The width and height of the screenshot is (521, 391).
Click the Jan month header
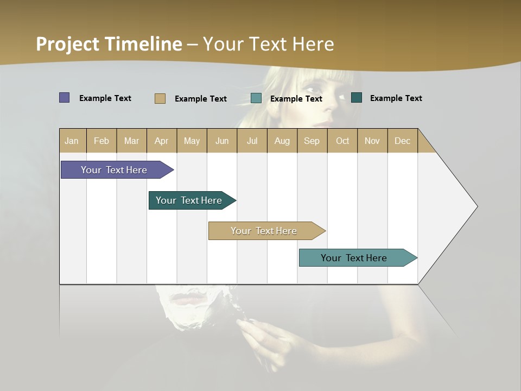tap(72, 141)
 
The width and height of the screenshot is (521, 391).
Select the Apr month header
tap(162, 141)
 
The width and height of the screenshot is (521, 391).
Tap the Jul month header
tap(252, 141)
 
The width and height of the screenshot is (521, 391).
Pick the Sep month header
tap(312, 141)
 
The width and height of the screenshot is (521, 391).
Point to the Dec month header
tap(402, 141)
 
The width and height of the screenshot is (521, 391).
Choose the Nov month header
tap(372, 141)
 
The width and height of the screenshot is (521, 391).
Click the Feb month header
tap(101, 141)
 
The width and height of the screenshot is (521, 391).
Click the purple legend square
tap(65, 98)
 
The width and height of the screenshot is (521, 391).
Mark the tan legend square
tap(160, 98)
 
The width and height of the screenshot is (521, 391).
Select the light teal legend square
tap(256, 98)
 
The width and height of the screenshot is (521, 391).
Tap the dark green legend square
tap(357, 98)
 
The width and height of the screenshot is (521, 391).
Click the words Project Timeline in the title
tap(109, 44)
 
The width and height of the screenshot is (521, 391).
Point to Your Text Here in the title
tap(268, 44)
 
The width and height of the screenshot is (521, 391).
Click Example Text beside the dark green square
tap(396, 98)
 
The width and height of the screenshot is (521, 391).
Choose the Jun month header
tap(222, 141)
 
